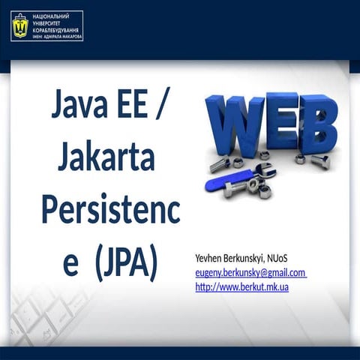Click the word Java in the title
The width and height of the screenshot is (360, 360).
[x=78, y=106]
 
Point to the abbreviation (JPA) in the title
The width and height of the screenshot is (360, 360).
[x=125, y=263]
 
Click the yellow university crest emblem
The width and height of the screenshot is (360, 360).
[x=19, y=27]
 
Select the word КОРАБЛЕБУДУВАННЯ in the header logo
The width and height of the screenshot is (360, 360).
[x=55, y=29]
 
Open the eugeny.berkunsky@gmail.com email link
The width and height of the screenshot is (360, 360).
[x=250, y=272]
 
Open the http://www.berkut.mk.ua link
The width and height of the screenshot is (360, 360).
[x=242, y=286]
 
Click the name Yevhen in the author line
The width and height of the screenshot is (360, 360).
[x=209, y=259]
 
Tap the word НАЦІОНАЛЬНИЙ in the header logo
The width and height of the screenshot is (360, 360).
[x=49, y=16]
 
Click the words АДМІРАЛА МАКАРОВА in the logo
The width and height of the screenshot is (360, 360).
[x=63, y=36]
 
